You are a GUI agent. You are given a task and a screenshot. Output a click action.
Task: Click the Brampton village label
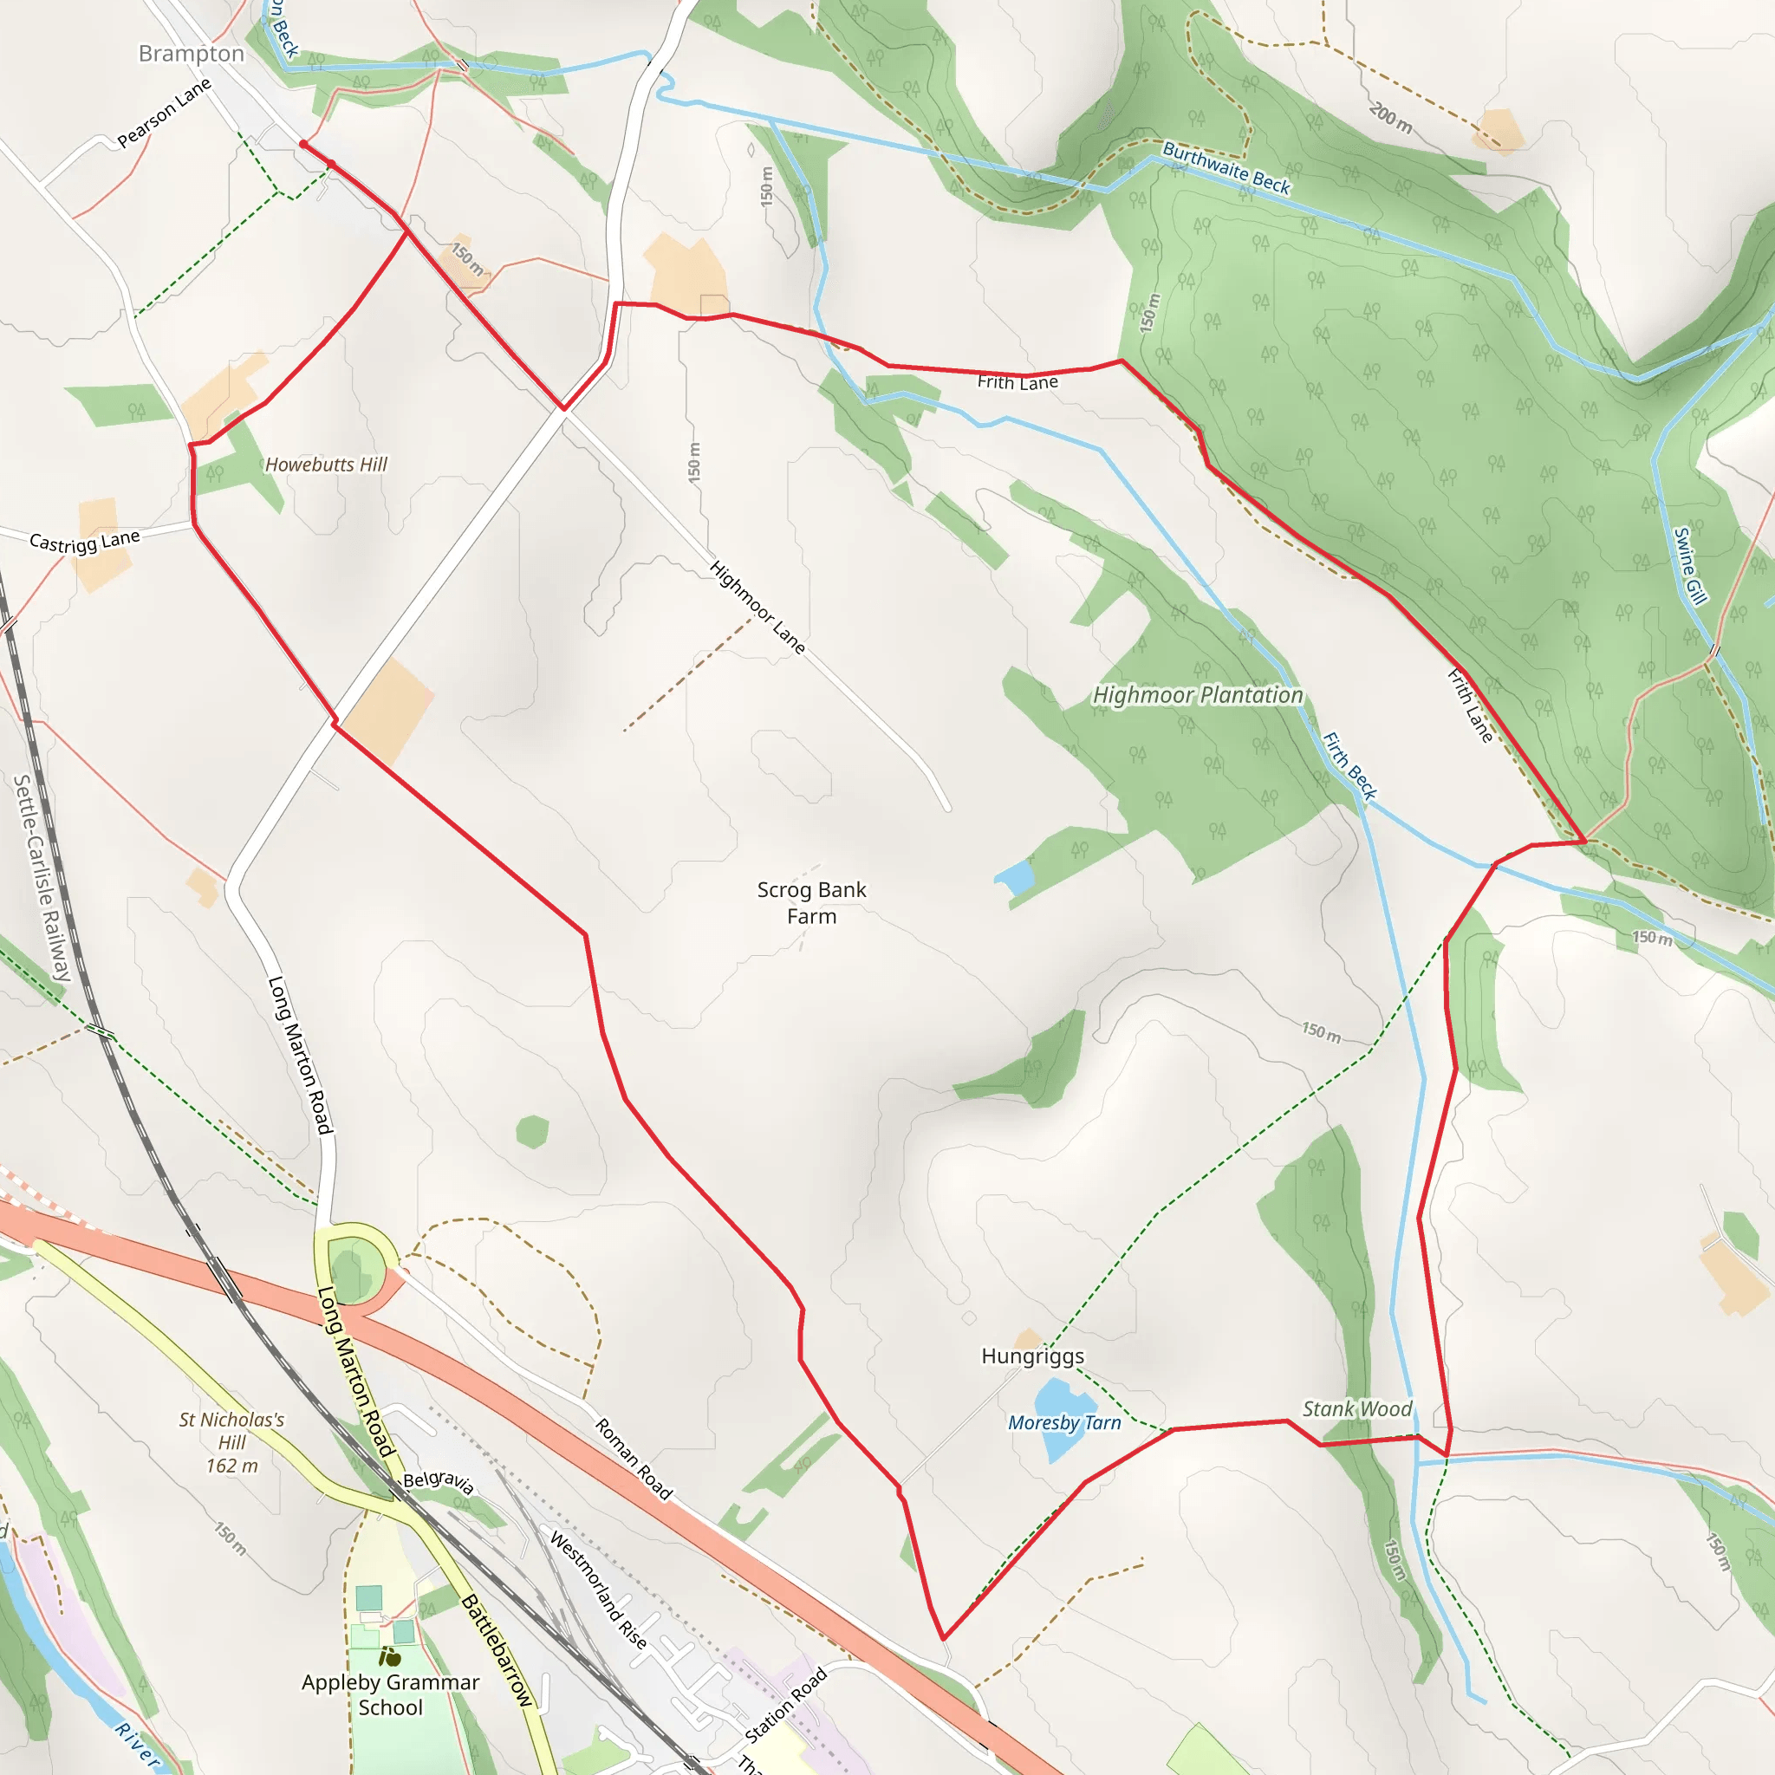coord(191,55)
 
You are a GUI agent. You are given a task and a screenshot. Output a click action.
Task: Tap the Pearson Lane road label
coord(165,113)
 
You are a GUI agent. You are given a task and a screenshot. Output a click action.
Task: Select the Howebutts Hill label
coord(326,465)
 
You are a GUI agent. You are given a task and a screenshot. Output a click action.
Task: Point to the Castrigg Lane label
coord(85,541)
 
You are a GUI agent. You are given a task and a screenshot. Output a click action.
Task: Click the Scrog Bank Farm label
coord(811,902)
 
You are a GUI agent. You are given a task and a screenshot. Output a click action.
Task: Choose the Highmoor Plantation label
coord(1197,695)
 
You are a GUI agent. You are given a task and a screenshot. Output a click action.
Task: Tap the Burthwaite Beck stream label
coord(1226,168)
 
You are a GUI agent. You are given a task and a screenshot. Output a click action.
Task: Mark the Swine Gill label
coord(1689,566)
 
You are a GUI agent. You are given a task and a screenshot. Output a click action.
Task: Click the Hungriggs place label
coord(1032,1356)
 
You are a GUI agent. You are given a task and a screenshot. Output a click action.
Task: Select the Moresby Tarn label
coord(1065,1423)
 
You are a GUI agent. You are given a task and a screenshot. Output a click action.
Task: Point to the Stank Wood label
coord(1357,1409)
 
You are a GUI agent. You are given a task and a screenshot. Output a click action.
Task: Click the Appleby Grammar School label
coord(391,1695)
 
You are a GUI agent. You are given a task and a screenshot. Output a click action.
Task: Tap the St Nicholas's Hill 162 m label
coord(231,1442)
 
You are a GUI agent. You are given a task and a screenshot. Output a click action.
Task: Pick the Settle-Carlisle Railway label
coord(42,877)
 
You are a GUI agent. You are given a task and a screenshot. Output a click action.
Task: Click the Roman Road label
coord(634,1459)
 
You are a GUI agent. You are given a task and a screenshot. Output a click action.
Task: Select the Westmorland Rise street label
coord(598,1590)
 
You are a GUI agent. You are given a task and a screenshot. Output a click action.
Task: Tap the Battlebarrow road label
coord(497,1650)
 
